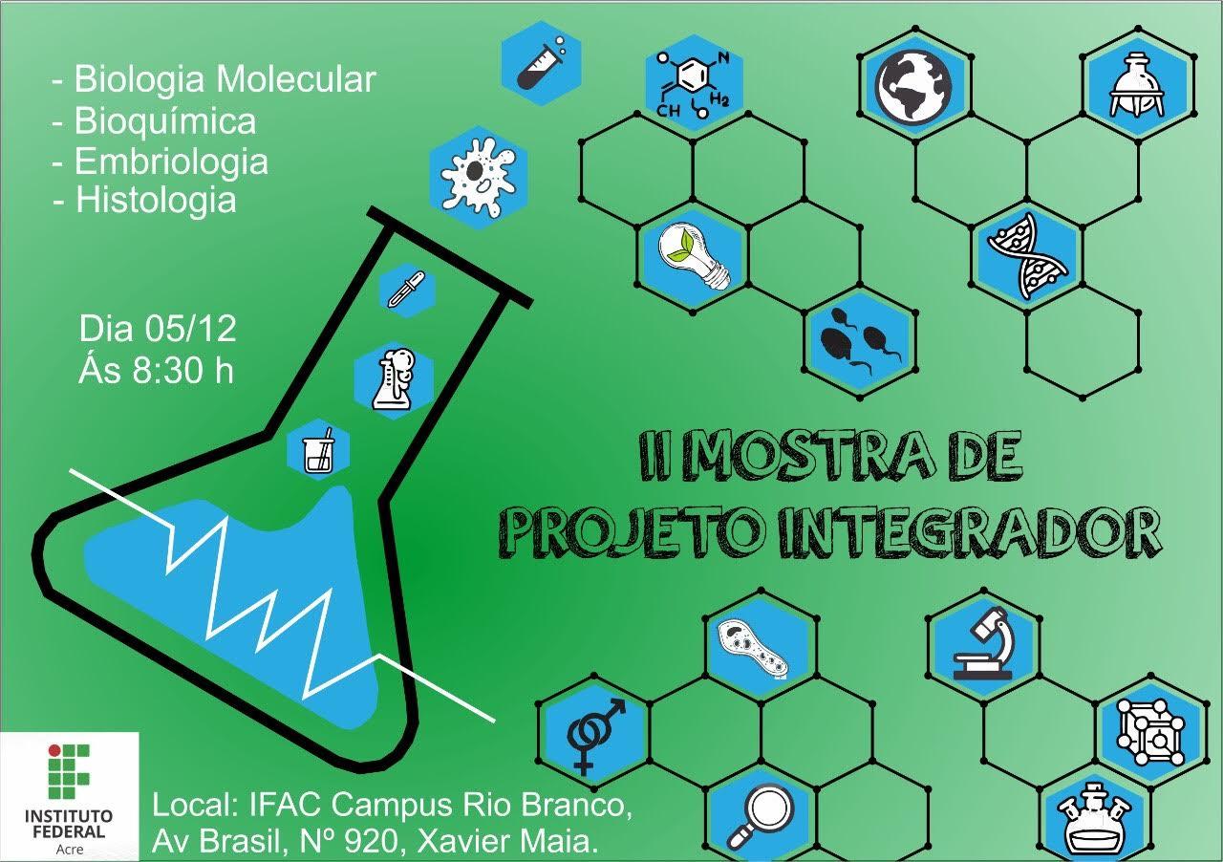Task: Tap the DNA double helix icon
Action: [x=1027, y=256]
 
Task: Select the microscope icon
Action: [x=981, y=643]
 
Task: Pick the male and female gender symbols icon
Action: [x=595, y=732]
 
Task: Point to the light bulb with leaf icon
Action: [x=695, y=252]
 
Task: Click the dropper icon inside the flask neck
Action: [x=406, y=289]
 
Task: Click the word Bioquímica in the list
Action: [x=165, y=121]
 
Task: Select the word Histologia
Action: [x=156, y=200]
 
